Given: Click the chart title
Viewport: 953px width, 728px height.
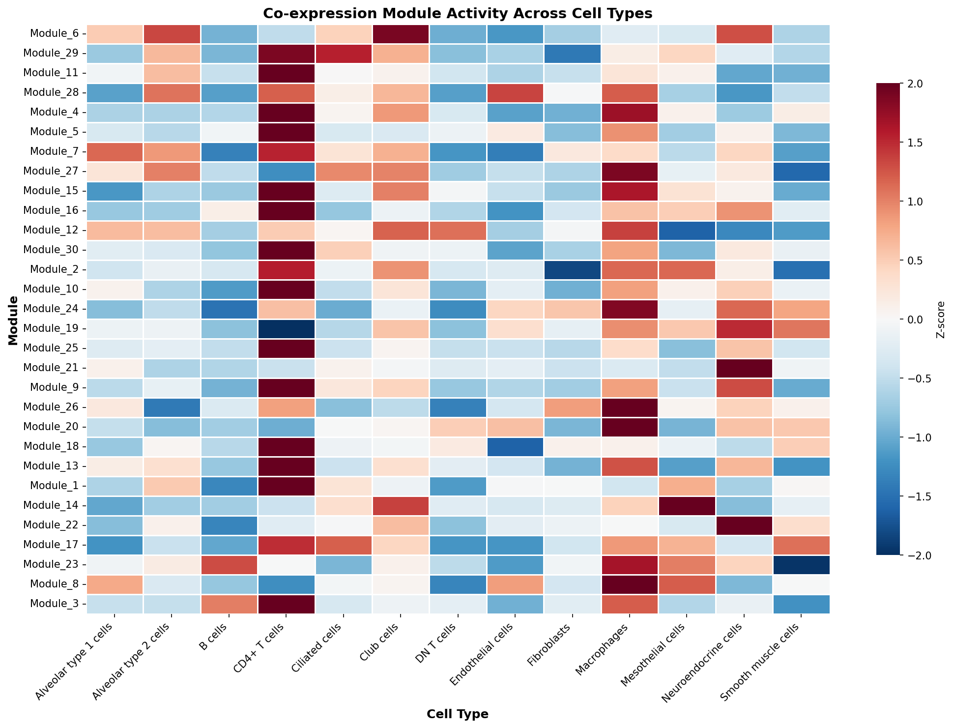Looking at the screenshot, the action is tap(458, 14).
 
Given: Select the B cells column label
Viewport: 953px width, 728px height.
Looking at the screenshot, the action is tap(216, 637).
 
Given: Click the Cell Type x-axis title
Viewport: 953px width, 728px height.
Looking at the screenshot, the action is tap(458, 714).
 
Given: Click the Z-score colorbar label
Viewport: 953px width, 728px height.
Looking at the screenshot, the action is tap(940, 320).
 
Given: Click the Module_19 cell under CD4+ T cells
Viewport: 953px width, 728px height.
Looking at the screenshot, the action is tap(286, 328).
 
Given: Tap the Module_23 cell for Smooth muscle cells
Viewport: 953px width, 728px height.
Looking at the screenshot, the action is tap(801, 564).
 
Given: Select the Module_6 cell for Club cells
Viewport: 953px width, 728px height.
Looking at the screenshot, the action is tap(401, 33).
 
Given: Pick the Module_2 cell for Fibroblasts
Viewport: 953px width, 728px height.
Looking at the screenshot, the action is tap(572, 269).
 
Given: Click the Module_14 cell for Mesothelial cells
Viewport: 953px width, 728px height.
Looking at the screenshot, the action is tap(687, 505).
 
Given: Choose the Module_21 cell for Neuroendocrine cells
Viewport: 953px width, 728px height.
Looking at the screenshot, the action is tap(744, 368).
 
